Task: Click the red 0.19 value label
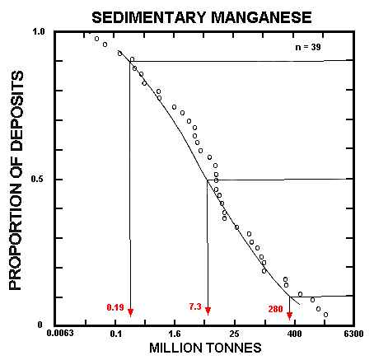[x=115, y=308]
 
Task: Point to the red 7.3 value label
[x=195, y=306]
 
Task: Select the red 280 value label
[x=276, y=309]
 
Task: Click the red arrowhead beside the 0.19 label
[x=130, y=311]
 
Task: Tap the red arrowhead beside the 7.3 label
[x=208, y=311]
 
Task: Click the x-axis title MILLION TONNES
[x=206, y=349]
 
